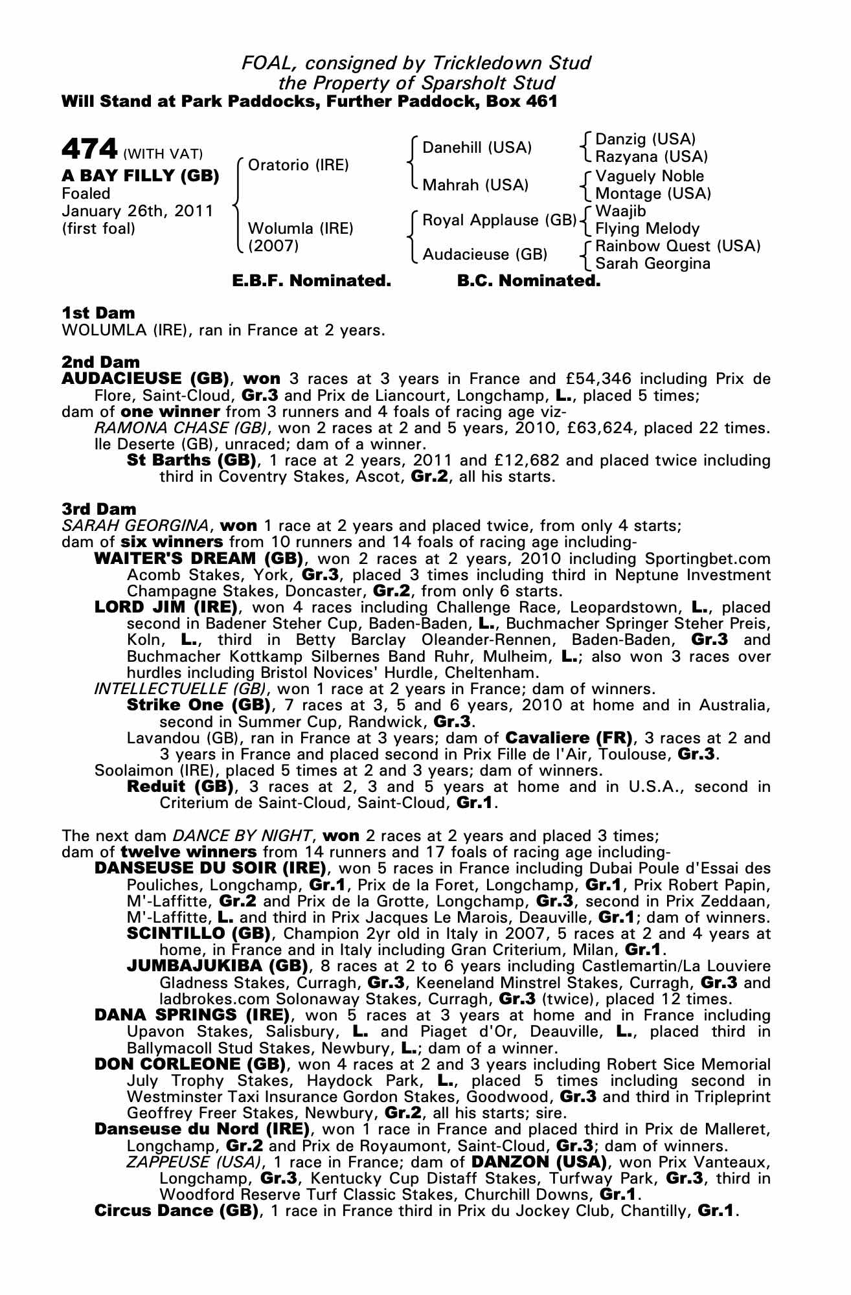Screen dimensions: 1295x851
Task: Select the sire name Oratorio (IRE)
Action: (299, 165)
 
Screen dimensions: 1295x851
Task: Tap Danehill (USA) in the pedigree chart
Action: (477, 148)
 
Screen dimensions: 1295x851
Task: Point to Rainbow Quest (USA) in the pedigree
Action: (677, 246)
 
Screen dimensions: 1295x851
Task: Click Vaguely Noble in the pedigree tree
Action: (650, 176)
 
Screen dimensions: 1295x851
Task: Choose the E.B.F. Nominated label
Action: (312, 281)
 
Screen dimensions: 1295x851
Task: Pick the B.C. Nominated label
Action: (528, 281)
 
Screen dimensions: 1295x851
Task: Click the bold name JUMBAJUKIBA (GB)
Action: (217, 966)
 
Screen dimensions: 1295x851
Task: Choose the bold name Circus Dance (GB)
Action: (176, 1210)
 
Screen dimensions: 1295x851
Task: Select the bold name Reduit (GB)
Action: (179, 787)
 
